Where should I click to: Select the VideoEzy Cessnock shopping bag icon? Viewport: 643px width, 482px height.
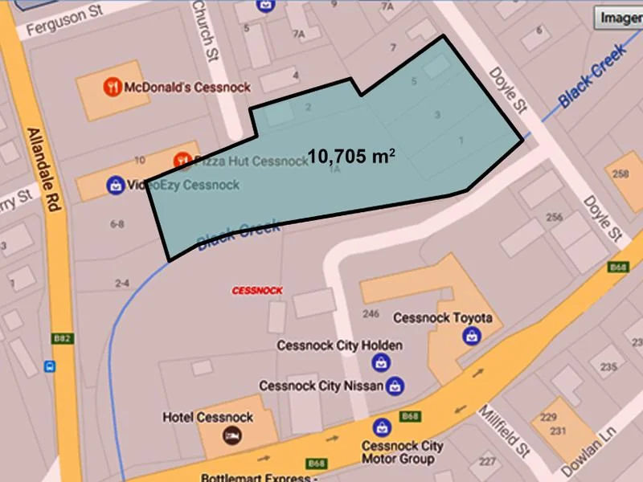click(x=116, y=185)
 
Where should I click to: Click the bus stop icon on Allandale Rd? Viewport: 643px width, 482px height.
click(x=51, y=367)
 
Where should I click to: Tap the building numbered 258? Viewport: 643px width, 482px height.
click(x=620, y=175)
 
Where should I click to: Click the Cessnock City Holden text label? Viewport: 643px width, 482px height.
click(x=340, y=346)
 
